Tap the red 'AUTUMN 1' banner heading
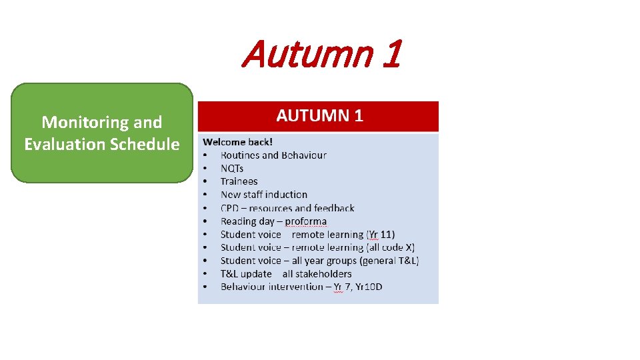[319, 115]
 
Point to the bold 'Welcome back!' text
[237, 142]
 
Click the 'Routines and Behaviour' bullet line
[273, 155]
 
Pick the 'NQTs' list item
[232, 168]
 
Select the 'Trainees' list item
[239, 181]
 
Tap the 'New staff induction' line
[264, 195]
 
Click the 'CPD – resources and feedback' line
[287, 208]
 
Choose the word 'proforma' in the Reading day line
[306, 221]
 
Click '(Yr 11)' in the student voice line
[381, 234]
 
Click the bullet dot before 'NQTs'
[206, 168]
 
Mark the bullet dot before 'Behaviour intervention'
[206, 287]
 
